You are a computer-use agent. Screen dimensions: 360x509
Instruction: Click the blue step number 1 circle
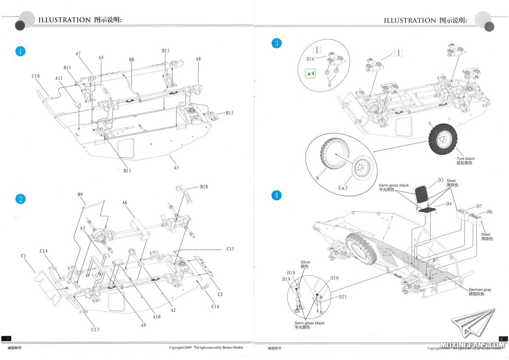20,51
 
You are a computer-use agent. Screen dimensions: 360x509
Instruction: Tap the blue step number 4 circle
277,195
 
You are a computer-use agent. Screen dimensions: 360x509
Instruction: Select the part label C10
36,76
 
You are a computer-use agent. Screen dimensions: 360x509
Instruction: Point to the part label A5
176,168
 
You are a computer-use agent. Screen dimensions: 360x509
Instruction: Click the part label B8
131,60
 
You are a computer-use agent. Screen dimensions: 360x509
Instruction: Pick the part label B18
204,187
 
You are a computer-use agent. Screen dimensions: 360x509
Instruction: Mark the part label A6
125,203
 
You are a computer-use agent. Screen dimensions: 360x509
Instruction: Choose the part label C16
215,306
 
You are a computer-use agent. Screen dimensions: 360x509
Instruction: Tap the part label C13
95,329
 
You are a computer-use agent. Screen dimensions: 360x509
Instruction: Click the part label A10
157,316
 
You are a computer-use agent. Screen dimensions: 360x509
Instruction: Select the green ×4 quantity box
311,73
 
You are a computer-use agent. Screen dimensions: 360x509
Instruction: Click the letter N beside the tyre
317,178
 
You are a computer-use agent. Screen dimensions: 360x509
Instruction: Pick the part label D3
441,180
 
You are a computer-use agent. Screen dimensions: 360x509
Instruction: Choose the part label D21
343,297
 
